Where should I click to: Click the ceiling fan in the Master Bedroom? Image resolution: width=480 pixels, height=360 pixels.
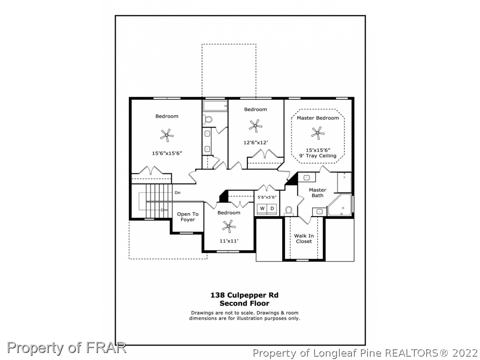tap(317, 133)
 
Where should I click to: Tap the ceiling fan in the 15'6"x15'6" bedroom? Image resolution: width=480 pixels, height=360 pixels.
tap(167, 135)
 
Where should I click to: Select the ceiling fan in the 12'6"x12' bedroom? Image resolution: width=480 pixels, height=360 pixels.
tap(255, 126)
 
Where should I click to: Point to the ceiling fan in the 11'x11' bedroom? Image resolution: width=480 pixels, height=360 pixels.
tap(229, 226)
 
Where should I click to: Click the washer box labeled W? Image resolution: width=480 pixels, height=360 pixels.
tap(262, 209)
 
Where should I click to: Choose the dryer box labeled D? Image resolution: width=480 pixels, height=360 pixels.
tap(272, 209)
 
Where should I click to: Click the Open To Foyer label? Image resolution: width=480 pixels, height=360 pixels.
tap(187, 217)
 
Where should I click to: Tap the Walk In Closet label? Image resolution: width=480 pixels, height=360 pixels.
tap(304, 239)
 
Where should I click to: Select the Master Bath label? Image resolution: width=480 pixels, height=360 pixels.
tap(317, 193)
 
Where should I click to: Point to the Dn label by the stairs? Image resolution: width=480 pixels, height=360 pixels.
tap(178, 193)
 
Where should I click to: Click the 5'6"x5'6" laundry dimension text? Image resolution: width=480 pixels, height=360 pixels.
tap(267, 197)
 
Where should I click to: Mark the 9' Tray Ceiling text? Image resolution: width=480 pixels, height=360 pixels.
tap(318, 156)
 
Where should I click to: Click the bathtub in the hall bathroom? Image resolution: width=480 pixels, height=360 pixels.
tap(215, 106)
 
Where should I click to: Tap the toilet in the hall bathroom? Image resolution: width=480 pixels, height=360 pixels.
tap(208, 119)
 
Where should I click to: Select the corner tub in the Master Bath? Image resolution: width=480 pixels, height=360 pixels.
tap(340, 205)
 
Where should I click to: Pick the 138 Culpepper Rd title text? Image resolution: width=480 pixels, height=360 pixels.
tap(244, 295)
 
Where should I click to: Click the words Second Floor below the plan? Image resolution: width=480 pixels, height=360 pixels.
tap(244, 303)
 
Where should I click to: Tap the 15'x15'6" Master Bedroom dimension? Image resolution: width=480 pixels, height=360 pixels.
tap(318, 150)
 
